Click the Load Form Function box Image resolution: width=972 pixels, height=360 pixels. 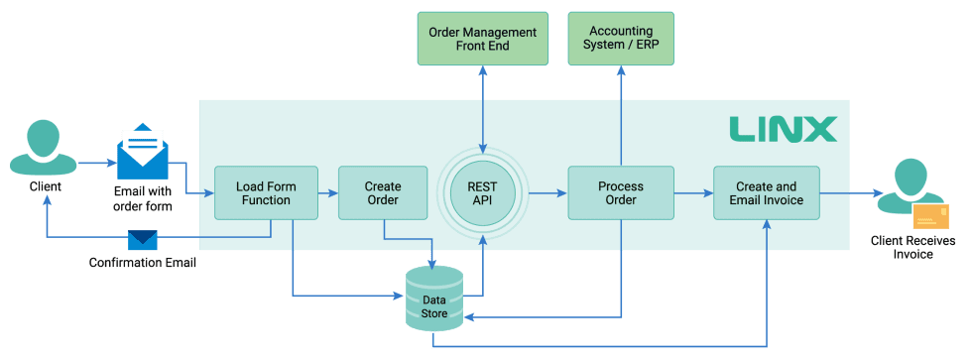264,193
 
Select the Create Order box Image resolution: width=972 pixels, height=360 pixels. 383,193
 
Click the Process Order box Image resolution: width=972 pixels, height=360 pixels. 620,193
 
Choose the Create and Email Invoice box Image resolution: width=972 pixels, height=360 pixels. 766,193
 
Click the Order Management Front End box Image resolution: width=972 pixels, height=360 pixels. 482,39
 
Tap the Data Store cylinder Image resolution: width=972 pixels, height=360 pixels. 434,299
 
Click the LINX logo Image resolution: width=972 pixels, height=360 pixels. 783,129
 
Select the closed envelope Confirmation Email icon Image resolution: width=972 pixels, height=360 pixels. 143,240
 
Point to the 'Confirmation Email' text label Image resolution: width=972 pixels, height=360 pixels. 143,263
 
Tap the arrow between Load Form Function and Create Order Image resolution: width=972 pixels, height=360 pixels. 328,193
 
